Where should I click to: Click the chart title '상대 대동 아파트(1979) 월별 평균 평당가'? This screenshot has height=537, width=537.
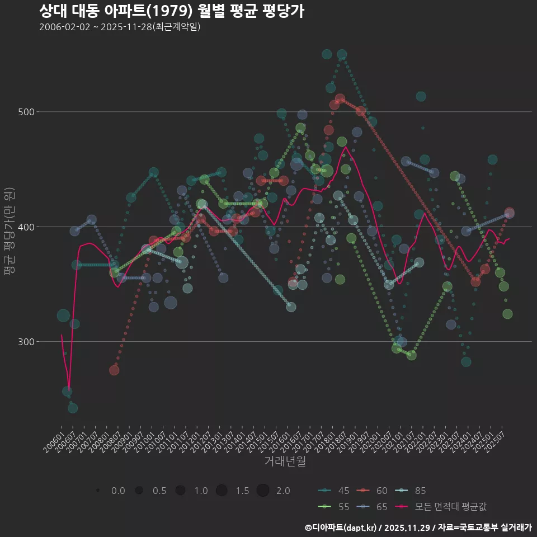click(x=172, y=11)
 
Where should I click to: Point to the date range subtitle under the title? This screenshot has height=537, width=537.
click(x=120, y=27)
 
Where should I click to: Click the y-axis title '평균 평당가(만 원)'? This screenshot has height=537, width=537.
click(x=10, y=232)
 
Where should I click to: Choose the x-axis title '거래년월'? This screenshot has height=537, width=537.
click(x=285, y=461)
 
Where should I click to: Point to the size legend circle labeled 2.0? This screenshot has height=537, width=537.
click(x=263, y=491)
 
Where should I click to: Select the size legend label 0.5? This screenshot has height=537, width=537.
click(x=159, y=491)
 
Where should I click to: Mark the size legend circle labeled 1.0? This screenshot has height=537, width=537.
click(x=180, y=491)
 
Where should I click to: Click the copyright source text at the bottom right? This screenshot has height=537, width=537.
click(x=418, y=527)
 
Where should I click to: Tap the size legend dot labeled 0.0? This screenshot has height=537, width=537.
click(x=98, y=491)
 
